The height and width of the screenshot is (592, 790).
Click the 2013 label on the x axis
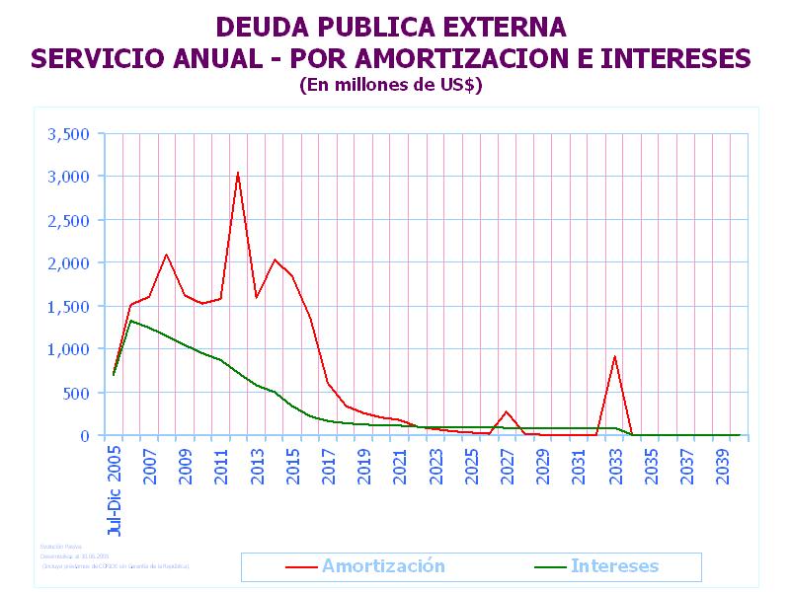coord(258,465)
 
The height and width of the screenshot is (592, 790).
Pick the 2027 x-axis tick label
coord(508,465)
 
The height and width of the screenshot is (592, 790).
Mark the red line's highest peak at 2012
coord(238,173)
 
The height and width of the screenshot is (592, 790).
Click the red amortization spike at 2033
coord(614,356)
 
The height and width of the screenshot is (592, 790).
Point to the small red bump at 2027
coord(507,411)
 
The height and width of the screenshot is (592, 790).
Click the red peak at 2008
coord(166,255)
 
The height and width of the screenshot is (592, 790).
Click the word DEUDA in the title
coord(262,27)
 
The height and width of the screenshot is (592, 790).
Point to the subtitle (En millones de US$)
coord(390,85)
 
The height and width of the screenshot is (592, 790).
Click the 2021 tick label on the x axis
coord(400,465)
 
